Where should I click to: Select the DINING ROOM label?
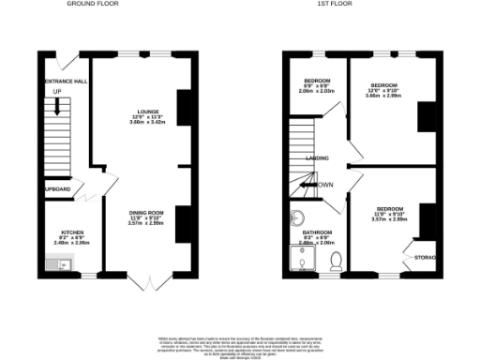(x=146, y=213)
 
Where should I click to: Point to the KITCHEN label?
(x=73, y=231)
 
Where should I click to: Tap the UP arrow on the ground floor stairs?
(x=58, y=105)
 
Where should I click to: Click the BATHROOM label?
(x=319, y=231)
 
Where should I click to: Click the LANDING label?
(x=317, y=158)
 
